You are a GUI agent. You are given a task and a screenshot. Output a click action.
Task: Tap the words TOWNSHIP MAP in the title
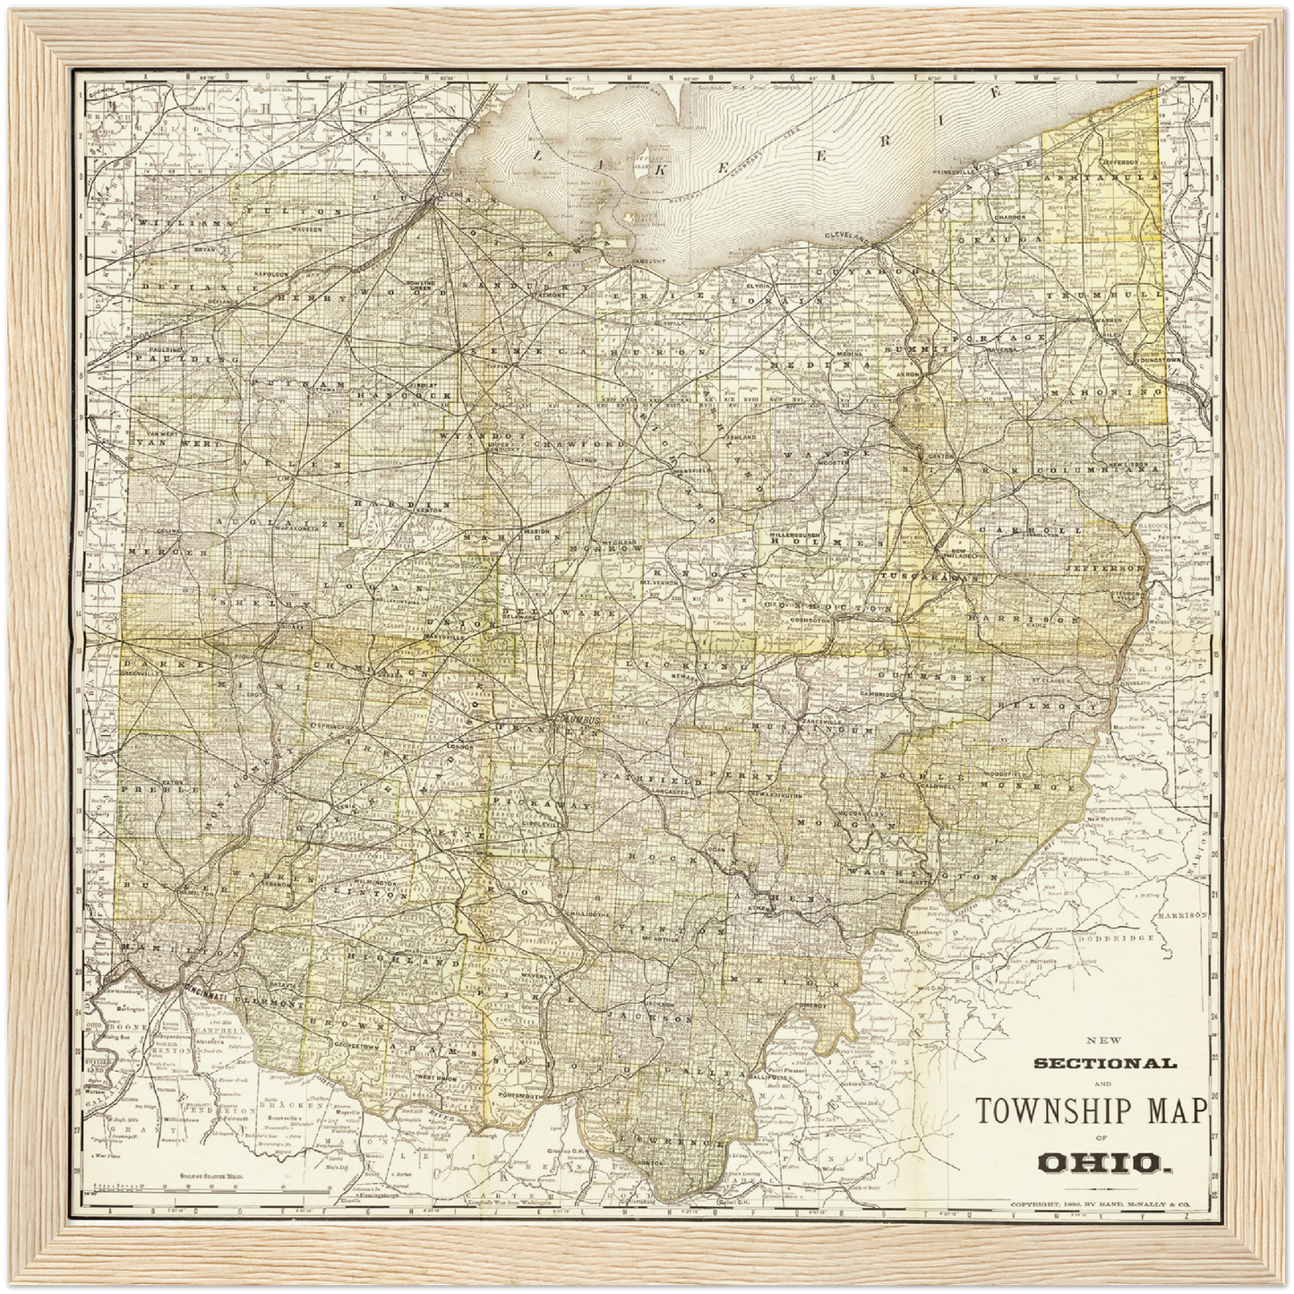(x=1092, y=1110)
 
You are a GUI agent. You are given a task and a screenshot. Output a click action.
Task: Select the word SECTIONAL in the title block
(x=1105, y=1064)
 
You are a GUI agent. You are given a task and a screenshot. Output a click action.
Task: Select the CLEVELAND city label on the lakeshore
(x=847, y=235)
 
